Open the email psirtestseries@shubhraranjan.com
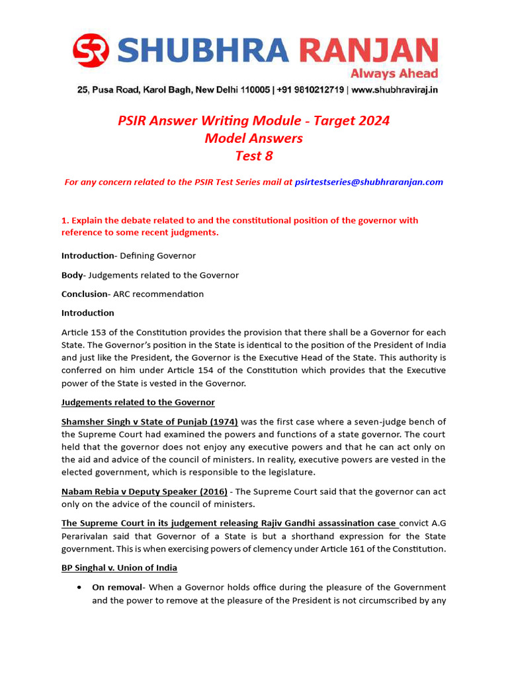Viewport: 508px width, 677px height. coord(369,182)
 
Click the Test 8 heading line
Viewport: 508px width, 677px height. coord(254,157)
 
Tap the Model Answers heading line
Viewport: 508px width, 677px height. coord(254,139)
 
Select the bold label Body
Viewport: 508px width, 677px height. coord(72,275)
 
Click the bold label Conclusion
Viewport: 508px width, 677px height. coord(84,294)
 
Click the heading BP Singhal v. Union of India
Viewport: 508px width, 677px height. coord(119,568)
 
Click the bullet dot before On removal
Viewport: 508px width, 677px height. coord(79,587)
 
